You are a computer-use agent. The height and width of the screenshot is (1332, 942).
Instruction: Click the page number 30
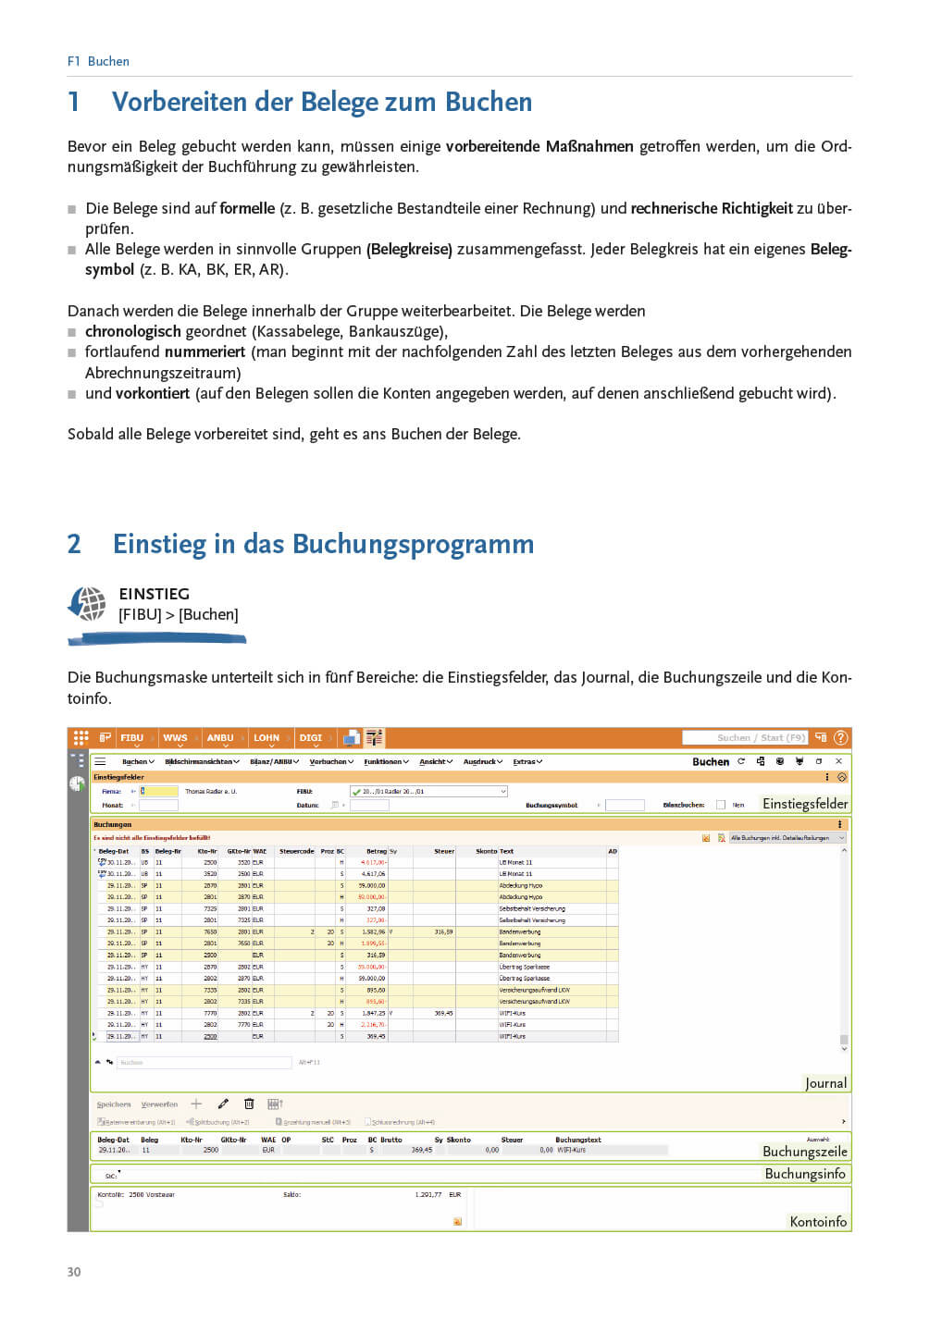click(x=74, y=1272)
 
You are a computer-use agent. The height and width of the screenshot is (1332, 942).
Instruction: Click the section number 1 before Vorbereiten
click(x=74, y=102)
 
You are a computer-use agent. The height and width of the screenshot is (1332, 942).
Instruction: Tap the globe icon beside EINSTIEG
click(x=88, y=604)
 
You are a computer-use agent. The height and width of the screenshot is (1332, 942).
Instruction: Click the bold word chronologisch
click(x=133, y=331)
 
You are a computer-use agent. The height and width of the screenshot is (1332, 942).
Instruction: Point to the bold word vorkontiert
click(x=152, y=393)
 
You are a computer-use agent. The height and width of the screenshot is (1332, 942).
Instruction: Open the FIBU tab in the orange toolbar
click(x=132, y=738)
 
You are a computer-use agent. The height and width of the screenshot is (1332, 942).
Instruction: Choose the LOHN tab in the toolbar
click(x=266, y=738)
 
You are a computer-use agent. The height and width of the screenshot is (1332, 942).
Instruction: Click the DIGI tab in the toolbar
click(x=311, y=738)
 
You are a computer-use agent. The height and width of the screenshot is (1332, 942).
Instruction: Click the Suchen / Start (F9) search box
click(x=745, y=737)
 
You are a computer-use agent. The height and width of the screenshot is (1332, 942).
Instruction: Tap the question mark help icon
click(x=840, y=737)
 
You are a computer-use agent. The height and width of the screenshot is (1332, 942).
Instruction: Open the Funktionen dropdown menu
click(x=386, y=762)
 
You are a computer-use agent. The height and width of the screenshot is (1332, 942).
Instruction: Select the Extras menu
click(x=527, y=762)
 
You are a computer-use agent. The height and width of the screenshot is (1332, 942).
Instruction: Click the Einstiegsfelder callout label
click(x=804, y=804)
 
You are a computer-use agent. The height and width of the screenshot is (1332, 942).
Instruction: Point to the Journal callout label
click(x=825, y=1083)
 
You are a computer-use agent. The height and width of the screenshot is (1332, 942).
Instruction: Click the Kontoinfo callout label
click(x=818, y=1222)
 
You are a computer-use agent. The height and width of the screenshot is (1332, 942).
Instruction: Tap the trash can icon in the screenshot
click(x=249, y=1104)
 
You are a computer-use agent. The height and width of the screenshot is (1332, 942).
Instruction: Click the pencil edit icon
click(x=223, y=1104)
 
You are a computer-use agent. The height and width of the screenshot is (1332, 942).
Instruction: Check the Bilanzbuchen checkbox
click(x=721, y=805)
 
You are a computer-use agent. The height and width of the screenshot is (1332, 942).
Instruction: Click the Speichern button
click(x=114, y=1104)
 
